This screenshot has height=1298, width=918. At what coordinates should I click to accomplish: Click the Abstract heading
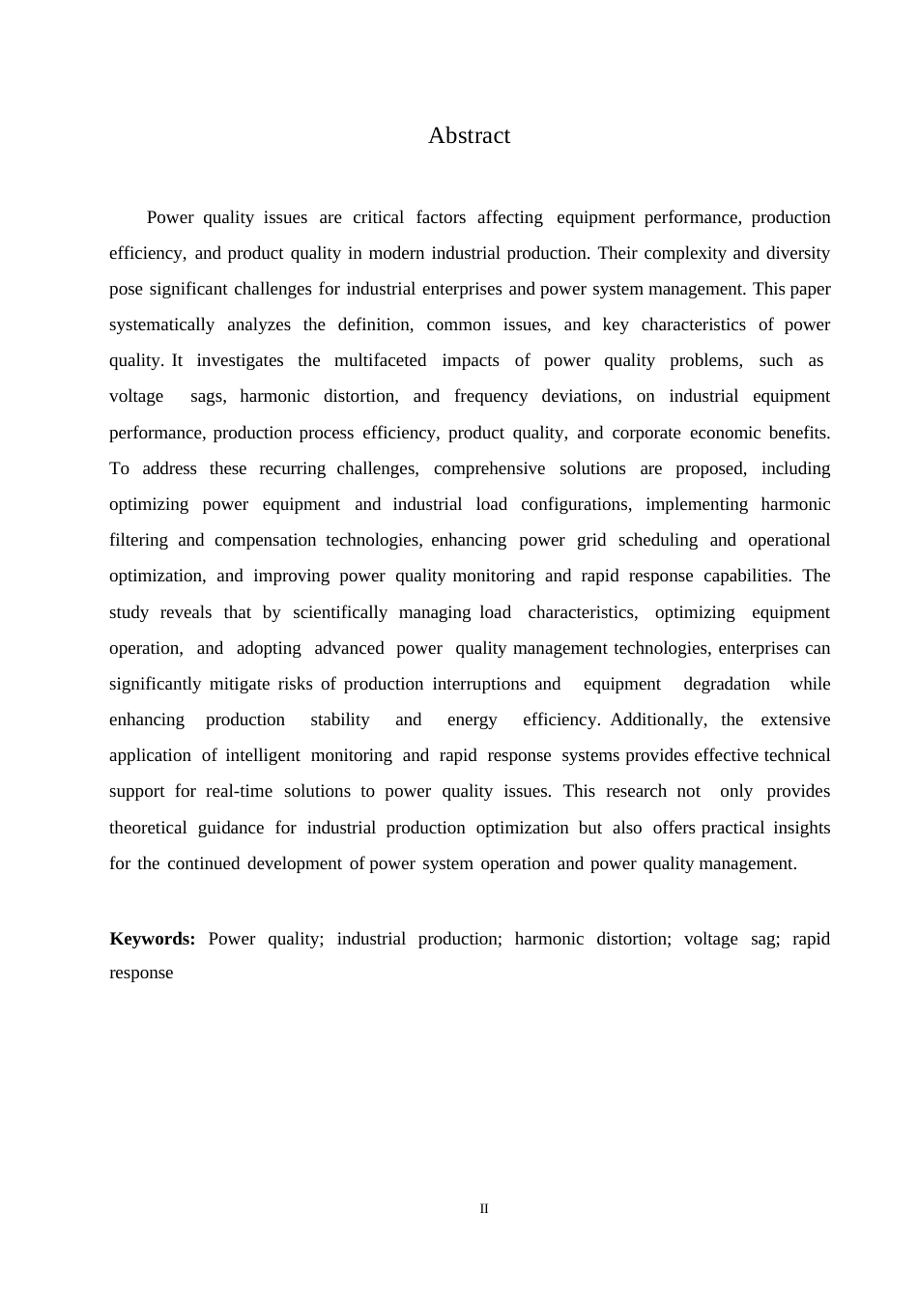click(x=469, y=136)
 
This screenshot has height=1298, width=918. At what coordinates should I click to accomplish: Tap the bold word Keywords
click(x=153, y=939)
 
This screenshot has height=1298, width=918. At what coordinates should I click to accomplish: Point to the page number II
click(x=484, y=1209)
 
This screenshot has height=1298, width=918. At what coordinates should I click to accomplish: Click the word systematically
click(x=161, y=324)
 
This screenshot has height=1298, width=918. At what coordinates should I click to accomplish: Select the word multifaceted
click(x=380, y=360)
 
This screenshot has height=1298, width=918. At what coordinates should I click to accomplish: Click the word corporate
click(x=645, y=433)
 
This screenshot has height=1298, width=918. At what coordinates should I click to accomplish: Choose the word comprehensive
click(x=489, y=468)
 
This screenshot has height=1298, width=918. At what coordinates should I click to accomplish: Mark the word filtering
click(x=138, y=540)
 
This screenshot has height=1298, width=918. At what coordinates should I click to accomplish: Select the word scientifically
click(x=340, y=612)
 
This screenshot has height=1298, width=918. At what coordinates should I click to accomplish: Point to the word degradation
click(x=727, y=684)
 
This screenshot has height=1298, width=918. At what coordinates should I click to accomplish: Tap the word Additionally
click(x=658, y=720)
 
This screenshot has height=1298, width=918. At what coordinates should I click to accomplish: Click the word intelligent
click(x=263, y=755)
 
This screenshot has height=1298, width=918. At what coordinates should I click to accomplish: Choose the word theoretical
click(x=148, y=828)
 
